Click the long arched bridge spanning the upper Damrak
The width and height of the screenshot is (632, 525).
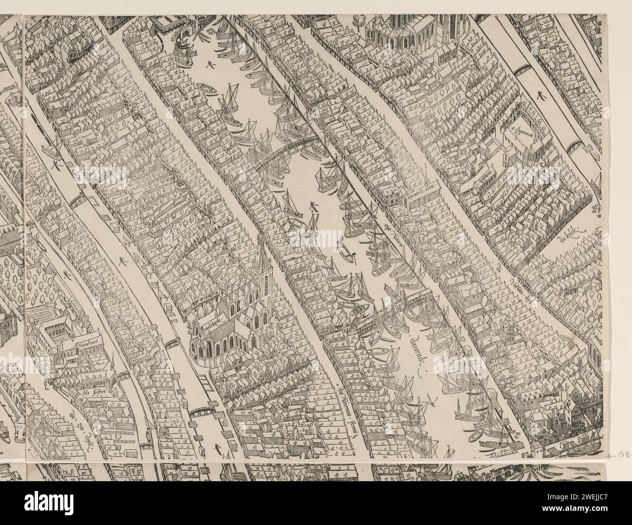[x=287, y=151]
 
